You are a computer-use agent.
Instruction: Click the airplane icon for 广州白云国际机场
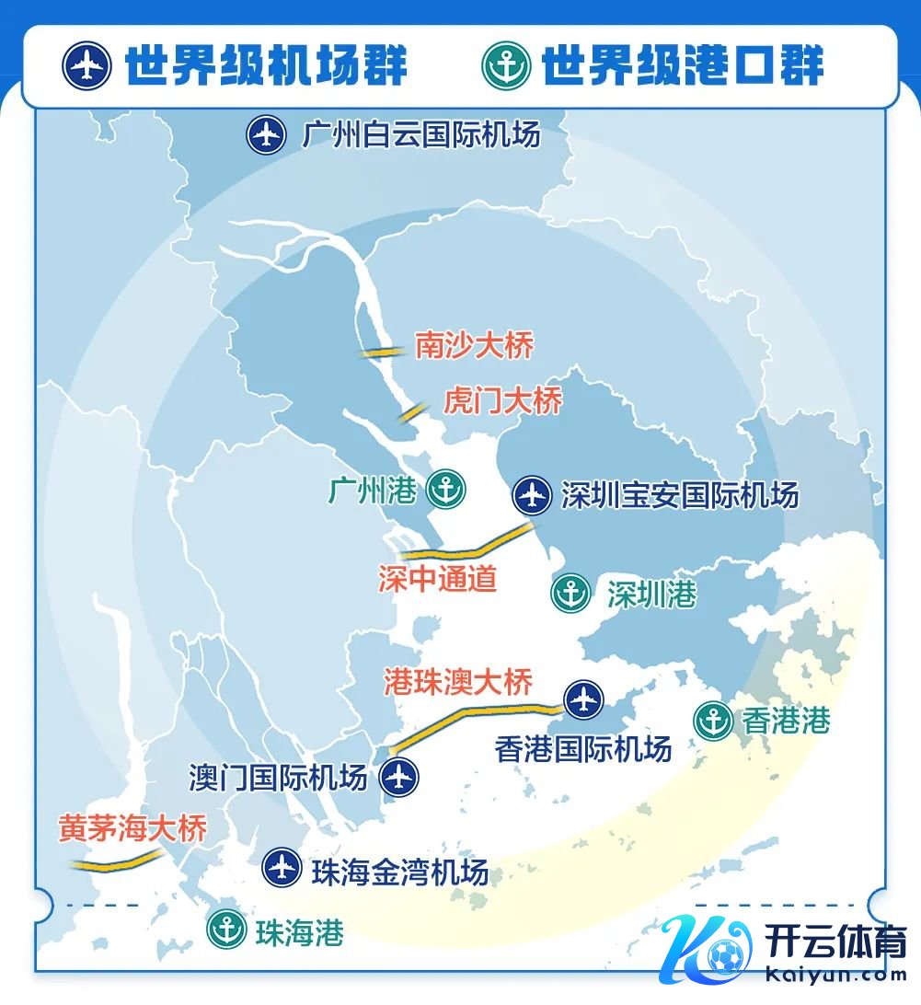pos(267,135)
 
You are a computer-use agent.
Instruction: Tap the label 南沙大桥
pos(474,346)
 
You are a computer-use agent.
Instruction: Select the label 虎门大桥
pos(502,400)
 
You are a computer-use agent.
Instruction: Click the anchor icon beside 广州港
pos(447,489)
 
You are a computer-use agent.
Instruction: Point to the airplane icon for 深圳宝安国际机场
pos(532,495)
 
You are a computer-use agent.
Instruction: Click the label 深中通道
pos(437,578)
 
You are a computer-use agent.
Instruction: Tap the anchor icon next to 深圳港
pos(570,594)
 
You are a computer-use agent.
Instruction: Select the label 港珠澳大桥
pos(457,683)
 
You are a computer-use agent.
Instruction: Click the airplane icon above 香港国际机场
pos(583,699)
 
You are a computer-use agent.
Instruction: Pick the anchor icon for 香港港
pos(713,721)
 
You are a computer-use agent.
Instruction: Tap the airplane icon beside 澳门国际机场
pos(399,777)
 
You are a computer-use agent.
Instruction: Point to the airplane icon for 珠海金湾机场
pos(281,868)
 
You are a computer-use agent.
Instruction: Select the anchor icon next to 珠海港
pos(226,930)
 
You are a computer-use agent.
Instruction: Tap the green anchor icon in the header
pos(506,65)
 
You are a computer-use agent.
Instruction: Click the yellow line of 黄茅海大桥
pos(118,863)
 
